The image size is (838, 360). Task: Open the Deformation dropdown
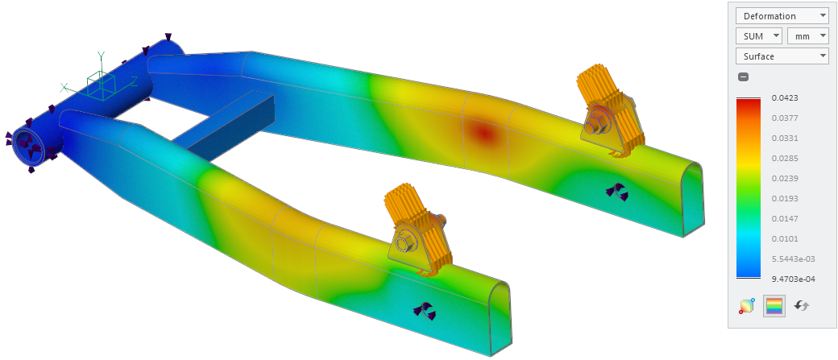[781, 16]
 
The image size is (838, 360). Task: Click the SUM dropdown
[758, 36]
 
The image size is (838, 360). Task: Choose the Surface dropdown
[781, 56]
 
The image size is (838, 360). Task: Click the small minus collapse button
[743, 77]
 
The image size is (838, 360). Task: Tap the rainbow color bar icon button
[774, 306]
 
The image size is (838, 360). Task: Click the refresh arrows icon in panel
[801, 306]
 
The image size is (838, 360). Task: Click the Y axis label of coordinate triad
[101, 56]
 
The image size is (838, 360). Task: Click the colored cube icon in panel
[747, 306]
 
